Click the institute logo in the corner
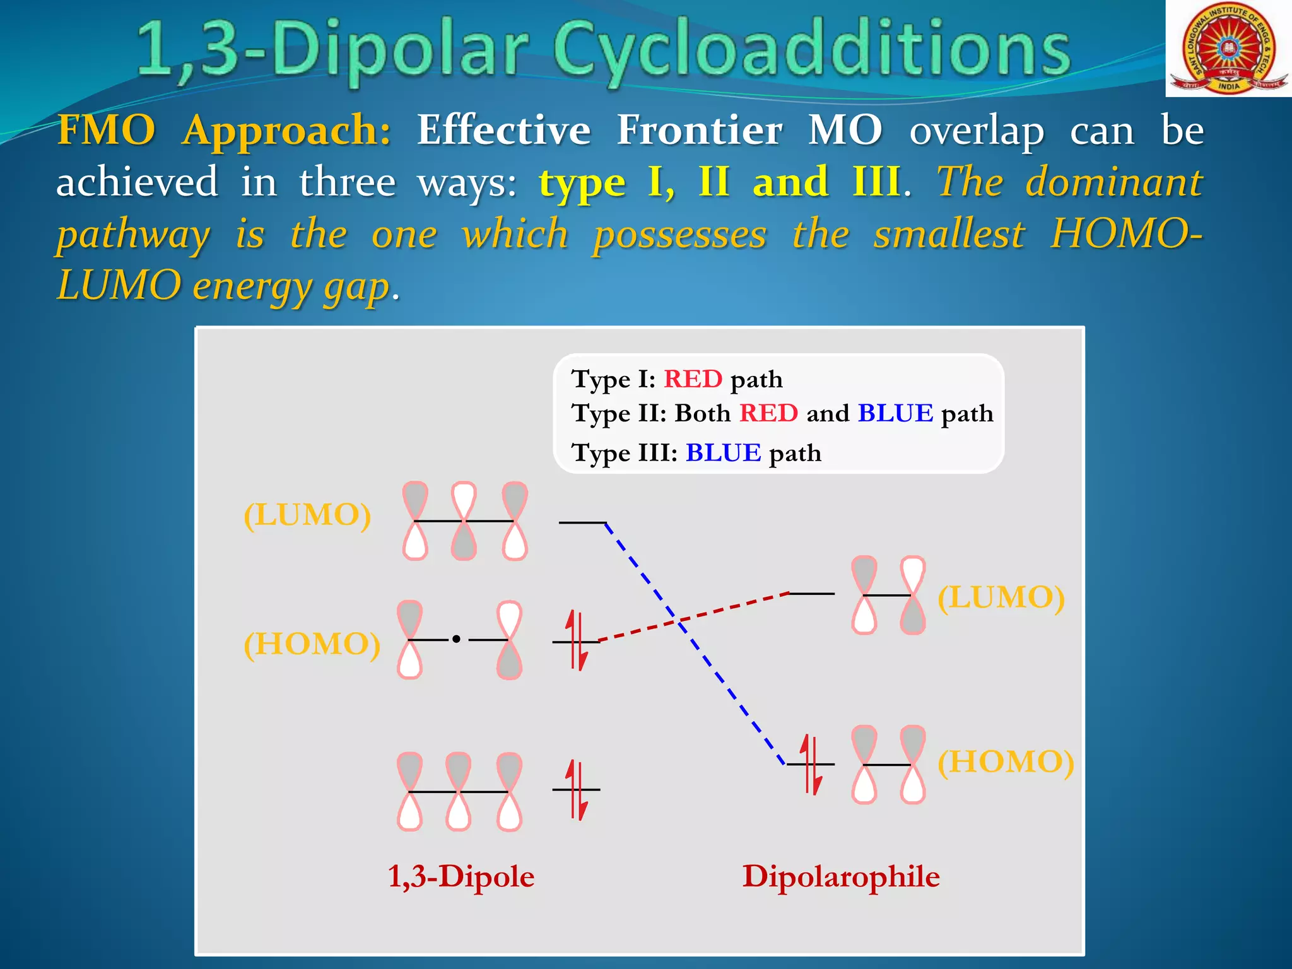coord(1228,49)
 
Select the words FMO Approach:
coord(224,131)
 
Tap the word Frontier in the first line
coord(700,131)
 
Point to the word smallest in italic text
coord(949,235)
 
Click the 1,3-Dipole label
coord(461,876)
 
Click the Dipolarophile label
coord(840,876)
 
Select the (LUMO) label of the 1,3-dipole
coord(307,515)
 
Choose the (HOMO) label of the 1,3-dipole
coord(312,644)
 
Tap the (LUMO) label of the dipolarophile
coord(1001,597)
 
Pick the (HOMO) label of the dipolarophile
coord(1006,761)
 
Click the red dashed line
coord(725,609)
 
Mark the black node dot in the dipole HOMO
coord(456,640)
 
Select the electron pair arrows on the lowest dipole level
coord(576,789)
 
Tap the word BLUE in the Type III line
coord(723,453)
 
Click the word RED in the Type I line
coord(693,379)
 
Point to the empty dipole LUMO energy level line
coord(582,522)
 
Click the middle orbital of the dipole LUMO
coord(464,521)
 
